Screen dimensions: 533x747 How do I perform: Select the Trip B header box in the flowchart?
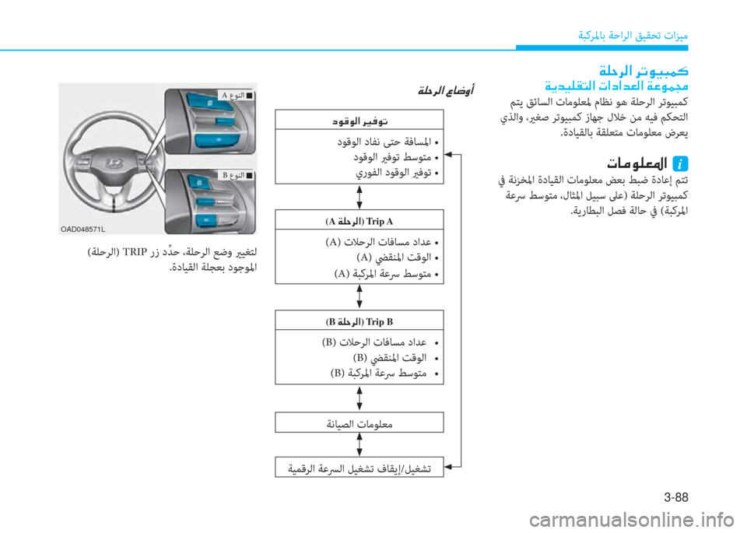pos(360,320)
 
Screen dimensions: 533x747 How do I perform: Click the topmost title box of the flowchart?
pos(360,120)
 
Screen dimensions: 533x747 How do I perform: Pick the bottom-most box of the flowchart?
pos(360,467)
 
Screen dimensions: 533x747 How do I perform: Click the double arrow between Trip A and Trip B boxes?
pos(359,296)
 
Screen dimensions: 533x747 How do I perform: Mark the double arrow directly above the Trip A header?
pos(359,197)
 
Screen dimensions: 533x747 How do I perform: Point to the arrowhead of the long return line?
pos(449,156)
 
